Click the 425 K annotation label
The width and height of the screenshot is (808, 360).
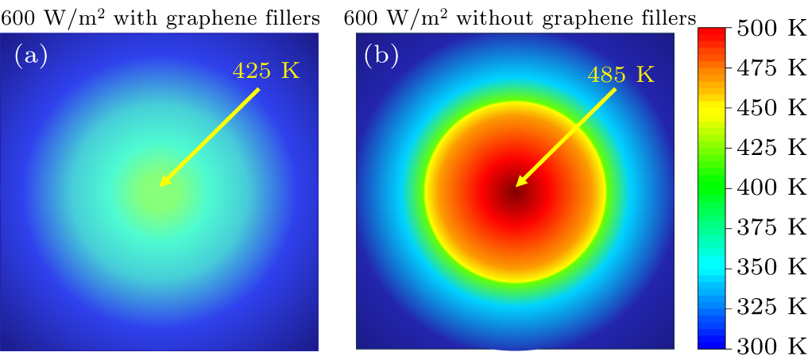265,71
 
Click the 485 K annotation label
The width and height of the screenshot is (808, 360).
620,75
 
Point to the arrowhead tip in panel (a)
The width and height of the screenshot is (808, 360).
160,186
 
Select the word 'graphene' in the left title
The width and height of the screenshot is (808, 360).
207,17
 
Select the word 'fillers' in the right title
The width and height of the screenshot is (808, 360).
671,15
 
